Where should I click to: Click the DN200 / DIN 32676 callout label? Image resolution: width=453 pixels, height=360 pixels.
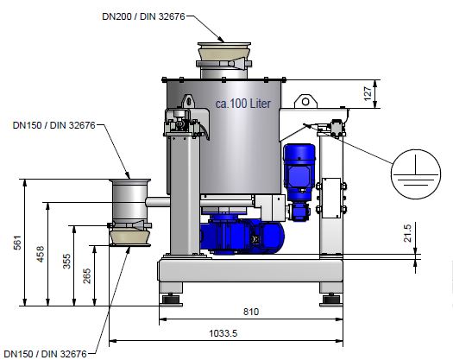tap(143, 16)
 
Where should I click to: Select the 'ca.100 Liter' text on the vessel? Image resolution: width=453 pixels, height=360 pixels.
tap(243, 104)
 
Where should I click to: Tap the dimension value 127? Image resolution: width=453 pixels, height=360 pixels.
tap(368, 93)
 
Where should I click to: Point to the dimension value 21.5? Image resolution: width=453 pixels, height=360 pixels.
tap(407, 233)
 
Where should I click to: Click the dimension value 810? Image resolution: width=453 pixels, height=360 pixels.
tap(251, 312)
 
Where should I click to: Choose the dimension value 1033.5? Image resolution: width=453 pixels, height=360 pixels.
tap(223, 333)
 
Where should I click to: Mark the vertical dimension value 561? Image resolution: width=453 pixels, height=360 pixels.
tap(17, 243)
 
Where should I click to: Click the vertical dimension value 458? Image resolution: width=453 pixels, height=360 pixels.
tap(41, 254)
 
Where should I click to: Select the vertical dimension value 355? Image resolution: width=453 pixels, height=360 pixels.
tap(66, 261)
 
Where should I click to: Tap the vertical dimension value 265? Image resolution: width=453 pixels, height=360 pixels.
tap(86, 276)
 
